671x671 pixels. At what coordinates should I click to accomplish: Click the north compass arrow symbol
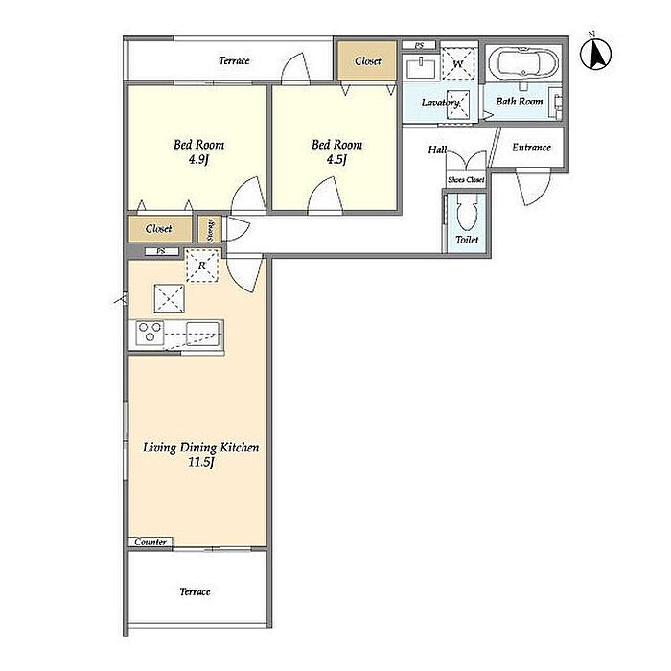point(595,53)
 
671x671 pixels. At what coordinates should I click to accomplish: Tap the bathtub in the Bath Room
point(523,63)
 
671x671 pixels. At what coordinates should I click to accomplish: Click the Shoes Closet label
point(466,180)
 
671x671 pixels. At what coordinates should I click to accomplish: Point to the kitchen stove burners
point(150,333)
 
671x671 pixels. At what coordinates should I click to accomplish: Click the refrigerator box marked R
point(202,266)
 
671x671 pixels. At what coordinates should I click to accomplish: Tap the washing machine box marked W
point(458,64)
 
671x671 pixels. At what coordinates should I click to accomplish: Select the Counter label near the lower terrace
point(150,542)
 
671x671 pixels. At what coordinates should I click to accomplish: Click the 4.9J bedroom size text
point(198,160)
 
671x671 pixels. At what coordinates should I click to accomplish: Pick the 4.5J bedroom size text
point(336,160)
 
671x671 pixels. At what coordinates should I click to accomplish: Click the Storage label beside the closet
point(210,229)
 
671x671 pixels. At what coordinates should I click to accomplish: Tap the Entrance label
point(531,148)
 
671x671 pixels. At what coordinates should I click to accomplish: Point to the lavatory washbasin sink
point(421,68)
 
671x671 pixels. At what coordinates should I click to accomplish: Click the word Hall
point(437,150)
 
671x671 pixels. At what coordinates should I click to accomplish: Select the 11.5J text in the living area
point(201,462)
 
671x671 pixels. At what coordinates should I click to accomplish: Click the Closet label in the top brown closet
point(367,61)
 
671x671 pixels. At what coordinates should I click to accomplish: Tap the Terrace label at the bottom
point(195,591)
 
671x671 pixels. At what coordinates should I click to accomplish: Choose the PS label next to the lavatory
point(419,45)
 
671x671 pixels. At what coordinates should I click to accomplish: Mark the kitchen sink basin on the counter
point(203,333)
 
